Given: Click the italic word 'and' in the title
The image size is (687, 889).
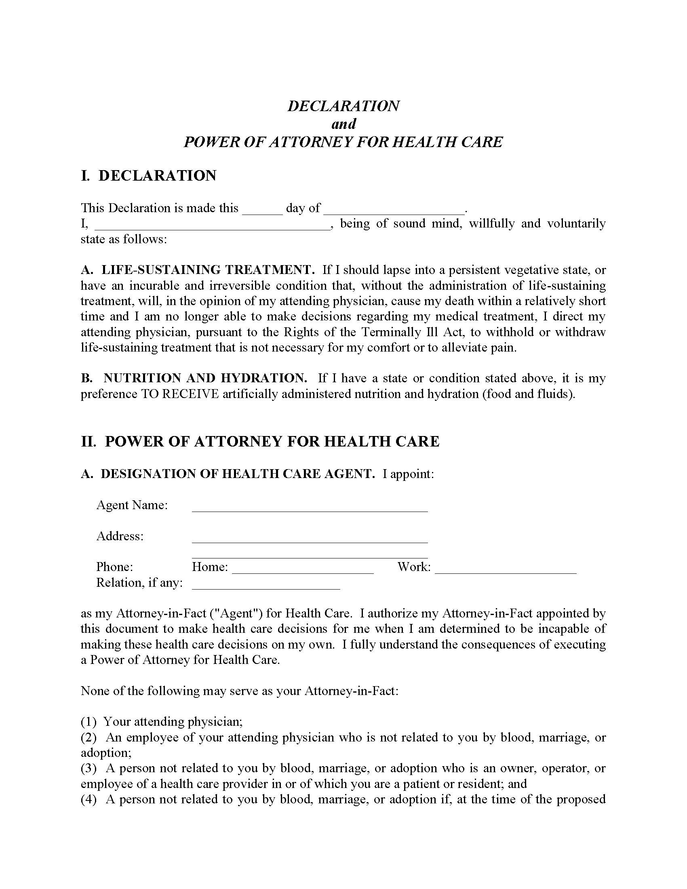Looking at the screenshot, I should tap(343, 124).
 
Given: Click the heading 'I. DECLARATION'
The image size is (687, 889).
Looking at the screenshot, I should tap(149, 176).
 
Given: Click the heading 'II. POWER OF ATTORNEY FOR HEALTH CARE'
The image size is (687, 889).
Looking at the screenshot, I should tap(260, 442).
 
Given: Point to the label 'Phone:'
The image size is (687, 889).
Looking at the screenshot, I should tap(114, 567).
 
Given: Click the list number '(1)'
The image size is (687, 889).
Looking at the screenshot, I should tap(89, 722).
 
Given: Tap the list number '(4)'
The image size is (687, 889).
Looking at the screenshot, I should tap(89, 799).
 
